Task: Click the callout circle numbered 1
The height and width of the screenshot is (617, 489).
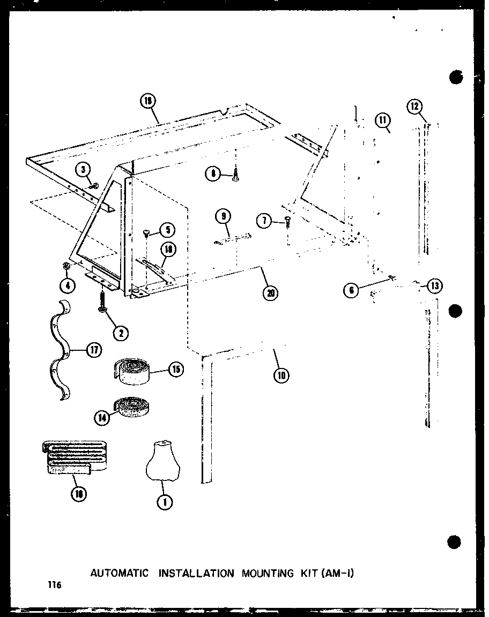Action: (165, 502)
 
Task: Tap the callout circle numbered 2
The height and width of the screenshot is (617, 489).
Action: (120, 333)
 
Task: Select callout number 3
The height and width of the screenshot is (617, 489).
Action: (83, 171)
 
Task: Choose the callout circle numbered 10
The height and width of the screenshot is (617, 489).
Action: (280, 375)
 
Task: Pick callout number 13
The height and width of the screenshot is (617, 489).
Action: (434, 285)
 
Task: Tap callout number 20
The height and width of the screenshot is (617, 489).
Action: (271, 292)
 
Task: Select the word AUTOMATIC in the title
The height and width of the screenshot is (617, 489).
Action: (119, 573)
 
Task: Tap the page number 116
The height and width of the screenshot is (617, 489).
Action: (54, 586)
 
